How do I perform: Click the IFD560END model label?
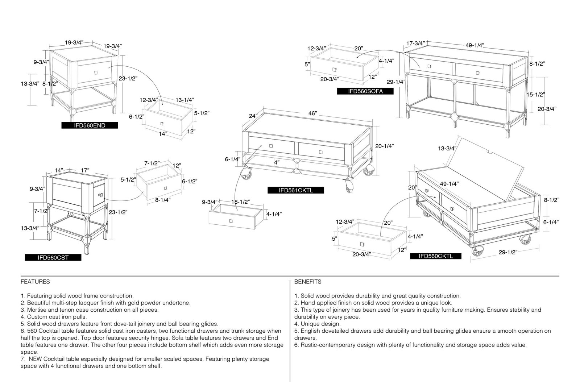point(90,125)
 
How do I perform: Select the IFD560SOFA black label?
point(365,91)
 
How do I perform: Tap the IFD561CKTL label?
point(296,190)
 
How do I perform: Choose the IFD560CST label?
point(53,258)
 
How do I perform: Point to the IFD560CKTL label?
point(436,256)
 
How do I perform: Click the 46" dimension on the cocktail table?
point(312,113)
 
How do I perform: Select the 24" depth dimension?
point(253,116)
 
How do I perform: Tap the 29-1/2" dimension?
point(508,252)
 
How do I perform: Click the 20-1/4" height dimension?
point(385,146)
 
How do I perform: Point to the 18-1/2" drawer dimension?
point(240,202)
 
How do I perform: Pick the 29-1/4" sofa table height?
point(396,82)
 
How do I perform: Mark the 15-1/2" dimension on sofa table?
point(535,95)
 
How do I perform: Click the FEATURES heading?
point(35,282)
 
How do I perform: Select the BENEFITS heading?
point(308,282)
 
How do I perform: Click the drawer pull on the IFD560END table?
point(96,73)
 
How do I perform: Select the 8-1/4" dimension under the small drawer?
point(163,200)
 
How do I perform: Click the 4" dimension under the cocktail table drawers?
point(277,162)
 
